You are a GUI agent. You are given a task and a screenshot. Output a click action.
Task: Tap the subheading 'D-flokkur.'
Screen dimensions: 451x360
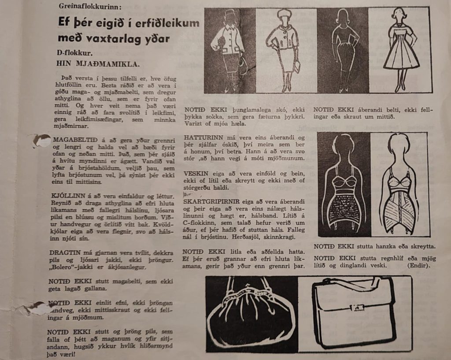tap(74, 53)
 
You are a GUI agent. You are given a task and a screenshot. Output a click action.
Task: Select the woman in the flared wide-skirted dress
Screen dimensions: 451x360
tap(400, 49)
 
